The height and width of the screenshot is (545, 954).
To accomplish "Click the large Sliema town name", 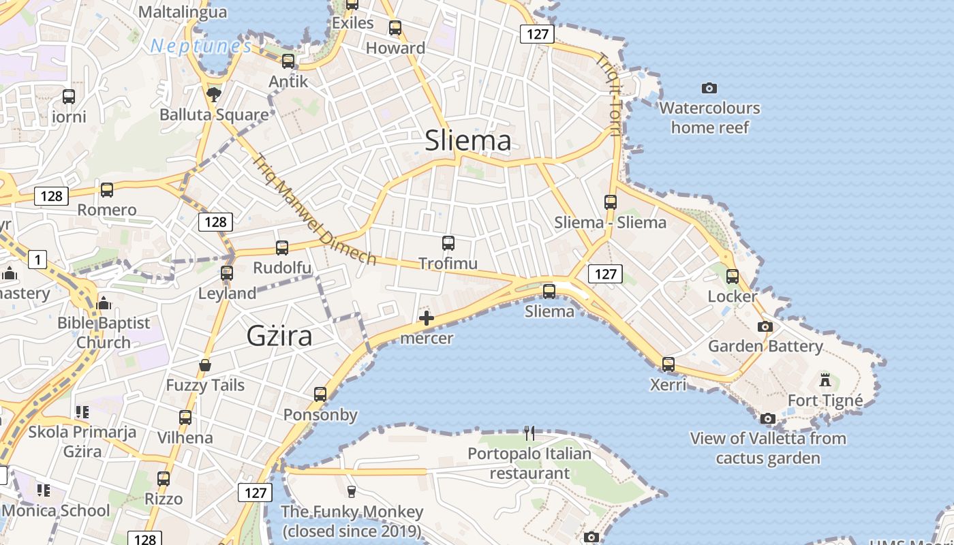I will pos(467,140).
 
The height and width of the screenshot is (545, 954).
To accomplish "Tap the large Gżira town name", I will pos(279,336).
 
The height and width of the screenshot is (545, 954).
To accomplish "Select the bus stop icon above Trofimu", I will pos(448,243).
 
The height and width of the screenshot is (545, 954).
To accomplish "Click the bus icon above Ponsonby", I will pos(320,394).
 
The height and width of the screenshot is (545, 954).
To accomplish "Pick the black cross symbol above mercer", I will pos(427,318).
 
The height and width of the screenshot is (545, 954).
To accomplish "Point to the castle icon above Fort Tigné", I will pos(825,379).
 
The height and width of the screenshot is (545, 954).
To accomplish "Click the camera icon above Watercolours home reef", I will pos(709,88).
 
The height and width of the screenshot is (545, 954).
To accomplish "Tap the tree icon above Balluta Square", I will pos(214,94).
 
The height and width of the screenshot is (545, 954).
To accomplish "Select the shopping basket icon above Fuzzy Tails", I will pos(205,365).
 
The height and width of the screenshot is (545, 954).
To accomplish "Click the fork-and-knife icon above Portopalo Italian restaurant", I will pos(529,433).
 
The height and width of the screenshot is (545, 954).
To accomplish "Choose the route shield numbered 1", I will pos(37,259).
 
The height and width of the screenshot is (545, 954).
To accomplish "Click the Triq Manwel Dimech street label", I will pos(313,210).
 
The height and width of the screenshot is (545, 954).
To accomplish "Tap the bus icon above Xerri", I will pos(668,364).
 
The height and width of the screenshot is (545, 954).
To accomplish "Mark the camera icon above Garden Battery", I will pos(765,326).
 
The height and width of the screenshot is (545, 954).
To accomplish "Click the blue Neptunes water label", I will pos(201,46).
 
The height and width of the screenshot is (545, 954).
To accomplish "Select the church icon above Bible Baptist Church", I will pos(104,302).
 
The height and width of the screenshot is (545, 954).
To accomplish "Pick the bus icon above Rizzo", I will pos(164,479).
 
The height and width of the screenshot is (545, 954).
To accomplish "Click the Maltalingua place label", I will pos(182,12).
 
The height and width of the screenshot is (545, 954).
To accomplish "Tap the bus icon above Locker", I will pos(733,277).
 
